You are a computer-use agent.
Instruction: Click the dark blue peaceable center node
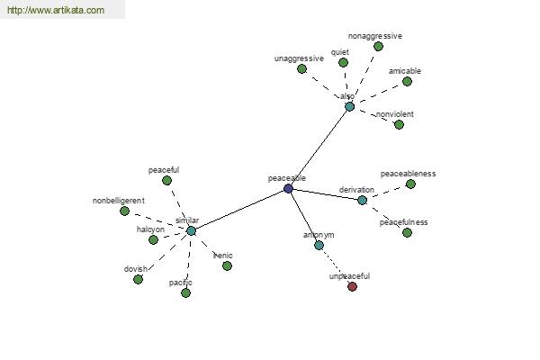[x=288, y=188]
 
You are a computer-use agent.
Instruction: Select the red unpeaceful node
[x=352, y=286]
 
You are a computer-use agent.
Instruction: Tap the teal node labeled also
[x=349, y=106]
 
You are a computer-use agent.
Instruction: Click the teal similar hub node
[x=191, y=230]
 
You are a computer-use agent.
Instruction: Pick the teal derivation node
[x=362, y=200]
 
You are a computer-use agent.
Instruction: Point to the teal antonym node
[x=319, y=246]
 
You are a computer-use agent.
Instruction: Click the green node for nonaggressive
[x=378, y=46]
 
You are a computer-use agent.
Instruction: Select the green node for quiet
[x=343, y=62]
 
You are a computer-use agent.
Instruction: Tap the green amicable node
[x=407, y=82]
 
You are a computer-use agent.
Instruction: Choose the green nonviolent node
[x=399, y=124]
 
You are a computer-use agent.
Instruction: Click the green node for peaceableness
[x=410, y=184]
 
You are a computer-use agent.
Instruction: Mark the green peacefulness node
[x=407, y=232]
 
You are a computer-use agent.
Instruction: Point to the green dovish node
[x=138, y=279]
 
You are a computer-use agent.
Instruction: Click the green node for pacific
[x=185, y=292]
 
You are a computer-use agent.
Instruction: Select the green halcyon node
[x=153, y=239]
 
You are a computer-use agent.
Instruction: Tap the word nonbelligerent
[x=119, y=201]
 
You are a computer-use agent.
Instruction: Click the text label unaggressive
[x=299, y=58]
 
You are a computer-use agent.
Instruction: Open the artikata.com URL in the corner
[x=56, y=10]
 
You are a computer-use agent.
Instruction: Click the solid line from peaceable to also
[x=319, y=148]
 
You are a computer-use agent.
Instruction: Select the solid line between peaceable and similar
[x=239, y=210]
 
